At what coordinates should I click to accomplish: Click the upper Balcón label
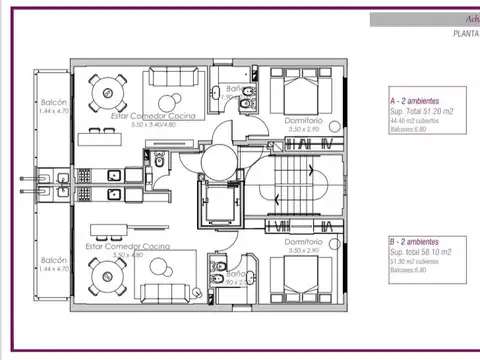(53, 104)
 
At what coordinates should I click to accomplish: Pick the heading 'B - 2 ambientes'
(418, 243)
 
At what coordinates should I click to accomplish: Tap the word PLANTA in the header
(463, 33)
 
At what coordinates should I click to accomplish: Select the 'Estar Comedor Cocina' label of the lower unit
(127, 245)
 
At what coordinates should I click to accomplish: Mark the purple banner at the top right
(424, 18)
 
